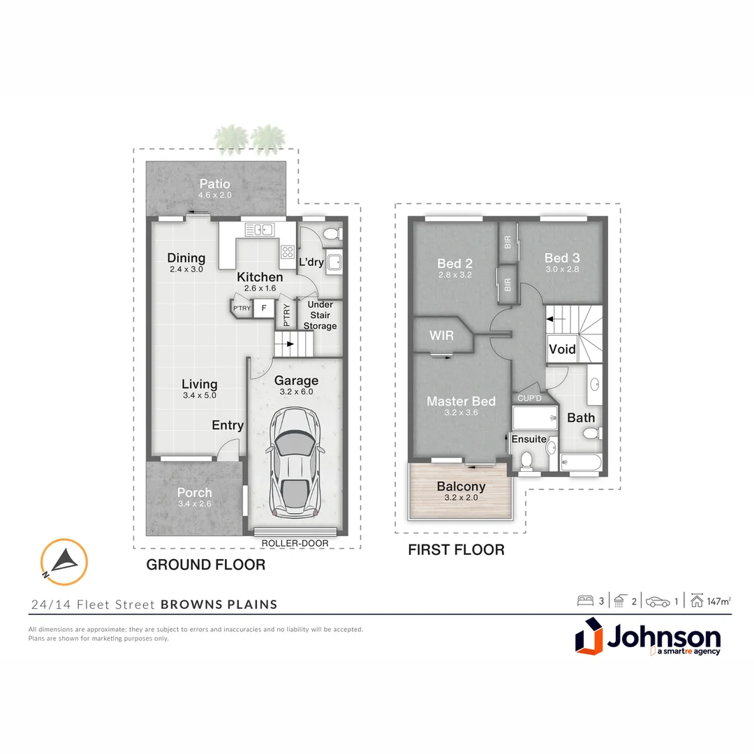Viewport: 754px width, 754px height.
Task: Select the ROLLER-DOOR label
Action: click(295, 543)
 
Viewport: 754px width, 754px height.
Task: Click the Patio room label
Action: click(215, 184)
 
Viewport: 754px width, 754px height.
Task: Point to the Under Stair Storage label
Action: click(320, 315)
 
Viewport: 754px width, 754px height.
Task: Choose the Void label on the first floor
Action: click(562, 349)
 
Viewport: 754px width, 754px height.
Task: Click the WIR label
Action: click(441, 336)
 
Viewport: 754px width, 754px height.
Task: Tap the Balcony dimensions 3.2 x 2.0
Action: click(461, 498)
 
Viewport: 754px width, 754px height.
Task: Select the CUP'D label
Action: click(528, 399)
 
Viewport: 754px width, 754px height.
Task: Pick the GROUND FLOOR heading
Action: click(205, 565)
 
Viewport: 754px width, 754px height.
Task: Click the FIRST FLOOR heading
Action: click(456, 550)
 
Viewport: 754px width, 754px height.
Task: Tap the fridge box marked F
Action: click(263, 307)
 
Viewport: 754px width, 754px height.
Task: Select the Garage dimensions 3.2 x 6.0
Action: click(296, 392)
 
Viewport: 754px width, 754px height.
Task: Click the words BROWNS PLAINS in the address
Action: click(219, 605)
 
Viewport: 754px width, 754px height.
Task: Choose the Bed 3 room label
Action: click(562, 258)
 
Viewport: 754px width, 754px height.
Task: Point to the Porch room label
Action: click(194, 493)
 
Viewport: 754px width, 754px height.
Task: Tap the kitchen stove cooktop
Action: click(287, 252)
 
